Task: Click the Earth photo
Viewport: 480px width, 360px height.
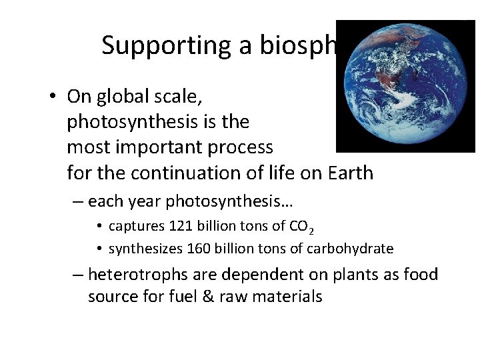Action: (x=405, y=86)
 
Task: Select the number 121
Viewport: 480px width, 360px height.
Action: (x=181, y=227)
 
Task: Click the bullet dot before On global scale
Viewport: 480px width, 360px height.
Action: (x=52, y=97)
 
